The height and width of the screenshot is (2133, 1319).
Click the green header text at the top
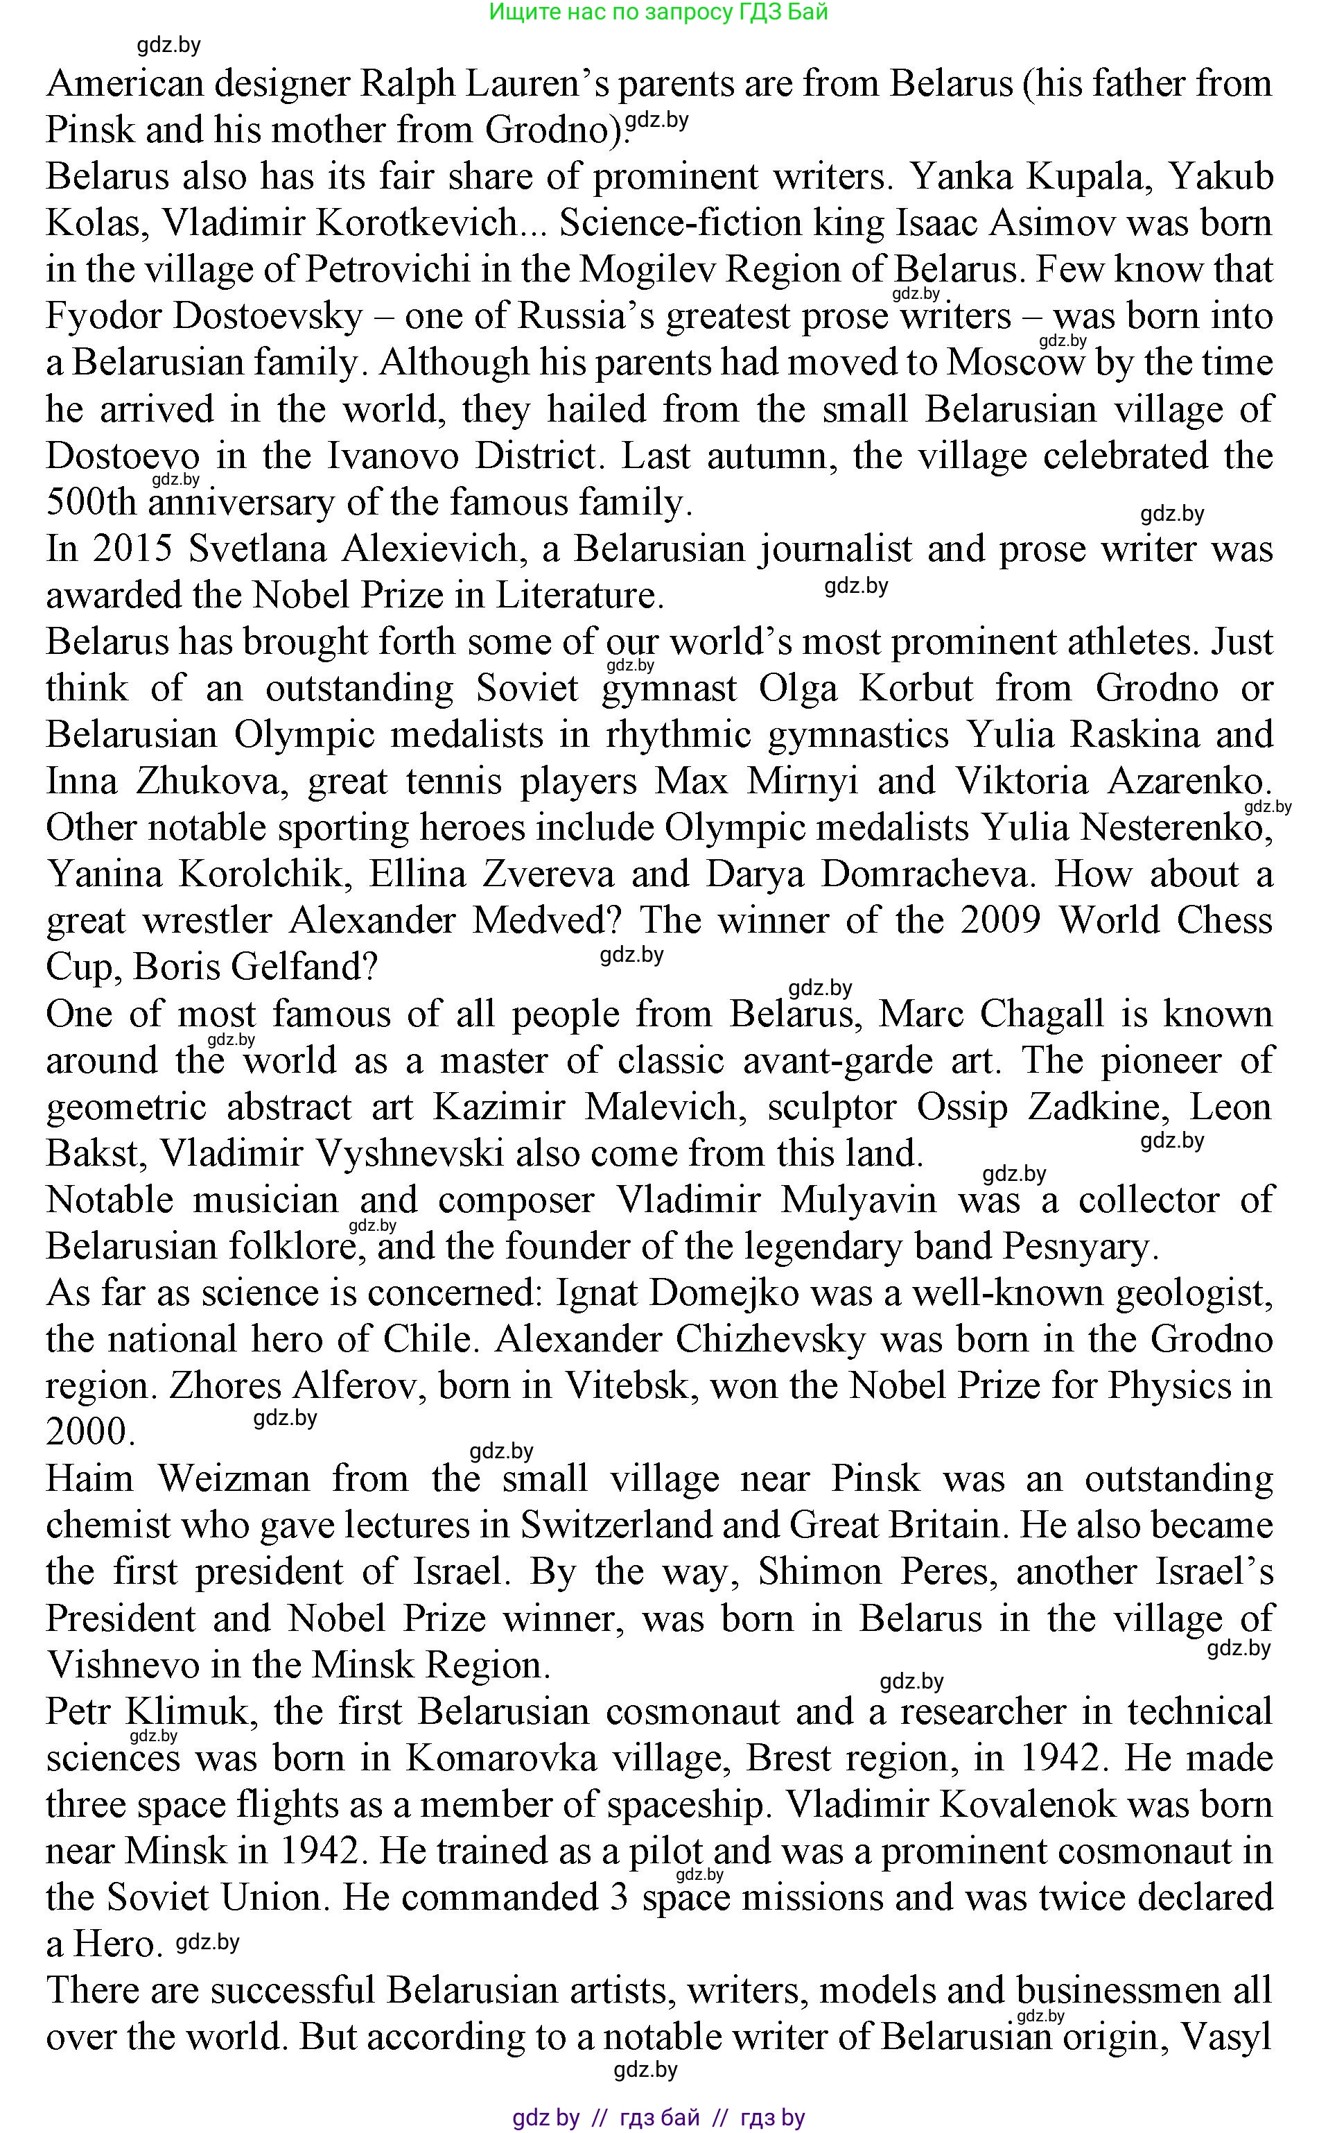pos(658,12)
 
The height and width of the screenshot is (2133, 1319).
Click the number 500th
pos(95,503)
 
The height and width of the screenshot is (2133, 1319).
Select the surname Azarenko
pos(1191,781)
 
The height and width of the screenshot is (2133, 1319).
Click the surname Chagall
pos(1042,1014)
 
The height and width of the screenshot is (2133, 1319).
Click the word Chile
pos(428,1340)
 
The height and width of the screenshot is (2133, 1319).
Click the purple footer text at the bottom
pos(658,2117)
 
